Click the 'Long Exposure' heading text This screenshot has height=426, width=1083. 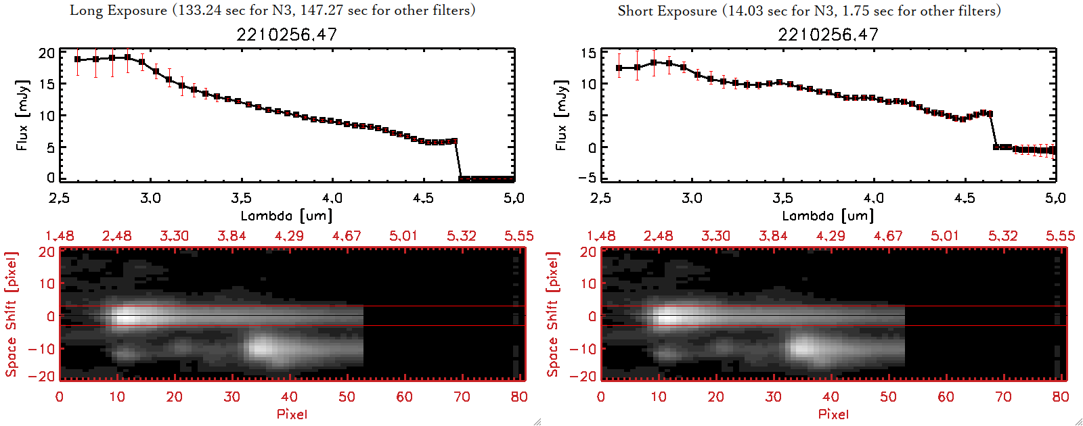click(118, 10)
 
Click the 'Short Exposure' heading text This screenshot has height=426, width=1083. click(667, 11)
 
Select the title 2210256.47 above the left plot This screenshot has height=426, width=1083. click(286, 34)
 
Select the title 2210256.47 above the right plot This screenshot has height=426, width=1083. click(828, 34)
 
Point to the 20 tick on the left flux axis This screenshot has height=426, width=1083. click(47, 53)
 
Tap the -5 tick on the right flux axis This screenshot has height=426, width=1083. click(586, 177)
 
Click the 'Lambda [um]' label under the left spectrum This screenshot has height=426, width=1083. click(286, 216)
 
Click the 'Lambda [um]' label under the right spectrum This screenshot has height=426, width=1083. click(828, 216)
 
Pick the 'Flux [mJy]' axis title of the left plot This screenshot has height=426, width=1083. click(22, 115)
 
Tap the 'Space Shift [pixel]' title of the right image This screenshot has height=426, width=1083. click(553, 314)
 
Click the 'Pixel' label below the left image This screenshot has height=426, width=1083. click(292, 414)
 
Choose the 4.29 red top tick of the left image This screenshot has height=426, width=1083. click(289, 236)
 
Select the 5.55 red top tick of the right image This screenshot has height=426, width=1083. click(1060, 236)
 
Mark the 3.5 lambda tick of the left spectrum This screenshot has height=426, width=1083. click(242, 198)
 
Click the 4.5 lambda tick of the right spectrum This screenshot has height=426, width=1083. click(965, 198)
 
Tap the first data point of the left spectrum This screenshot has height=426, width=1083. click(78, 60)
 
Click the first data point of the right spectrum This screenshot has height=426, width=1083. click(619, 68)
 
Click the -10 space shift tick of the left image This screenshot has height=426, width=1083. click(42, 349)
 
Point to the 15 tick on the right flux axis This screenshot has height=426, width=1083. click(588, 53)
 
